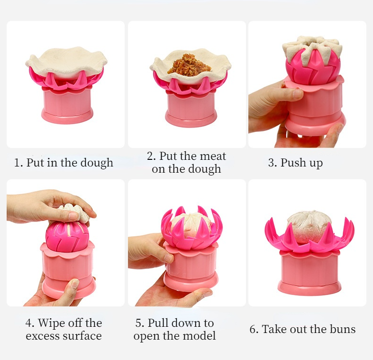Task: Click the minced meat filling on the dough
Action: (190, 65)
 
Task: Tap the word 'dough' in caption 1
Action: (97, 163)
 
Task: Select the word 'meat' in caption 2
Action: (213, 156)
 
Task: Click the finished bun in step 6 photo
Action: (309, 226)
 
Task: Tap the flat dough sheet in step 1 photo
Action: (66, 63)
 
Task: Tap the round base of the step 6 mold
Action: (309, 287)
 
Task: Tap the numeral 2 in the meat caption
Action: (150, 157)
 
